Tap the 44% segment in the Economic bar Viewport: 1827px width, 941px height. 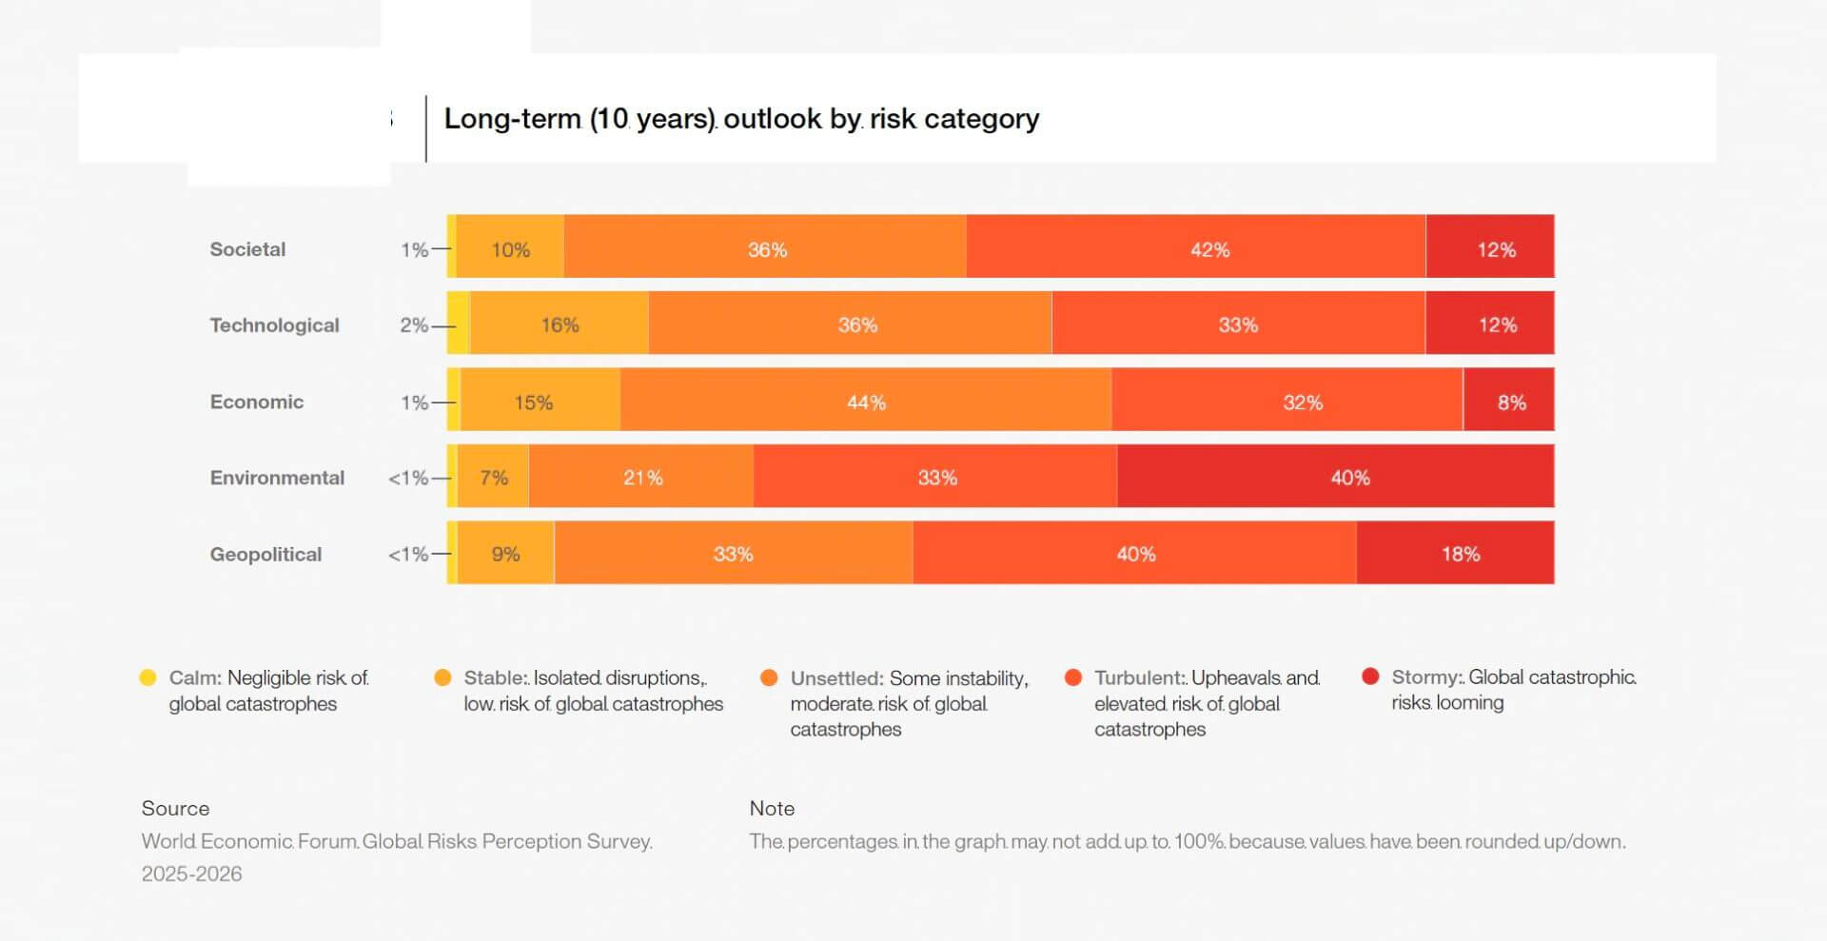(x=865, y=402)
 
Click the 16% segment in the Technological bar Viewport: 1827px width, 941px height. (x=560, y=324)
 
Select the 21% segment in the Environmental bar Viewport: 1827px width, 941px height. (x=641, y=477)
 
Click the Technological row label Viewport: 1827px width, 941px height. (x=274, y=325)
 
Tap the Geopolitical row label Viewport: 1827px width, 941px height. (x=265, y=554)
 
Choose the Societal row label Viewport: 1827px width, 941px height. (x=247, y=249)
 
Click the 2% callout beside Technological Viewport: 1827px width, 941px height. (x=413, y=325)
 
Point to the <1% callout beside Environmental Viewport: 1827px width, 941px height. (x=407, y=478)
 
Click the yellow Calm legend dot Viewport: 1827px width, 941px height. (x=147, y=677)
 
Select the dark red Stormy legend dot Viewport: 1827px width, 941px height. (x=1370, y=676)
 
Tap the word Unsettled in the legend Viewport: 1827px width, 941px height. (x=835, y=678)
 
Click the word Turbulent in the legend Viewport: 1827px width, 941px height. (x=1138, y=677)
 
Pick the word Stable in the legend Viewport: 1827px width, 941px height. (x=494, y=677)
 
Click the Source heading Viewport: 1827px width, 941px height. (x=175, y=808)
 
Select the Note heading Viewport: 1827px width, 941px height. (x=772, y=808)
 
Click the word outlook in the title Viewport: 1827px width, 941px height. (x=772, y=119)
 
